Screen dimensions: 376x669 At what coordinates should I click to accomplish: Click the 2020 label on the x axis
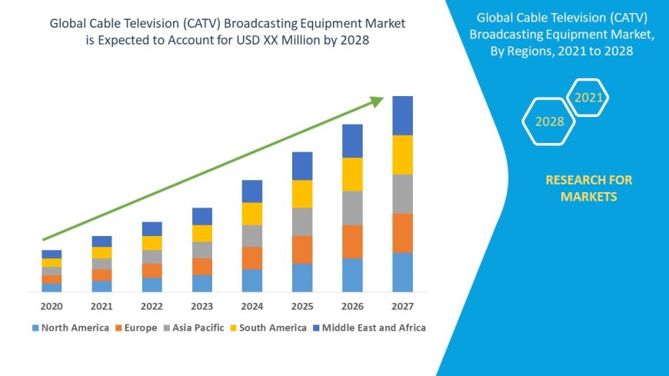point(52,306)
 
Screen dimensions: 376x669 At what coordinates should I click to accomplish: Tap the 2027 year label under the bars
point(402,306)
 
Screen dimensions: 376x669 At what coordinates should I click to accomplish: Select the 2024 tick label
point(252,306)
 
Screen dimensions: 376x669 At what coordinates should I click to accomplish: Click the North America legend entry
point(70,328)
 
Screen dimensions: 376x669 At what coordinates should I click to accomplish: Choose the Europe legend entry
point(137,328)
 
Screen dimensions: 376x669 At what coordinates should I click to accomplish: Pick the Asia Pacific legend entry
point(193,328)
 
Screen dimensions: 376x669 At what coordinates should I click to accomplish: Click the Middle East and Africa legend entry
point(368,328)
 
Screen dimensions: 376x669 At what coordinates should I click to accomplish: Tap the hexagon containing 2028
point(549,121)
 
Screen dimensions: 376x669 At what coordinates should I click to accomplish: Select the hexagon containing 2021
point(589,98)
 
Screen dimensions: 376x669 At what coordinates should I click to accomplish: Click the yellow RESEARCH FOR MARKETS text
point(588,188)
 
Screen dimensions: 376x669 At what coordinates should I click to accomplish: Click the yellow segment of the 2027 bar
point(402,155)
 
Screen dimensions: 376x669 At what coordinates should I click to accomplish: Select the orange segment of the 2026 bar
point(352,241)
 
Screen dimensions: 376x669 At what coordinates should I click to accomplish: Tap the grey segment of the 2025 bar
point(302,221)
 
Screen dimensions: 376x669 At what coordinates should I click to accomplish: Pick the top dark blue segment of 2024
point(252,191)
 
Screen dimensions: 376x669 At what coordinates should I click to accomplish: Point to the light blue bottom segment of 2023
point(202,283)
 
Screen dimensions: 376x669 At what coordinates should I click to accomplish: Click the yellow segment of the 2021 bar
point(102,252)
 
